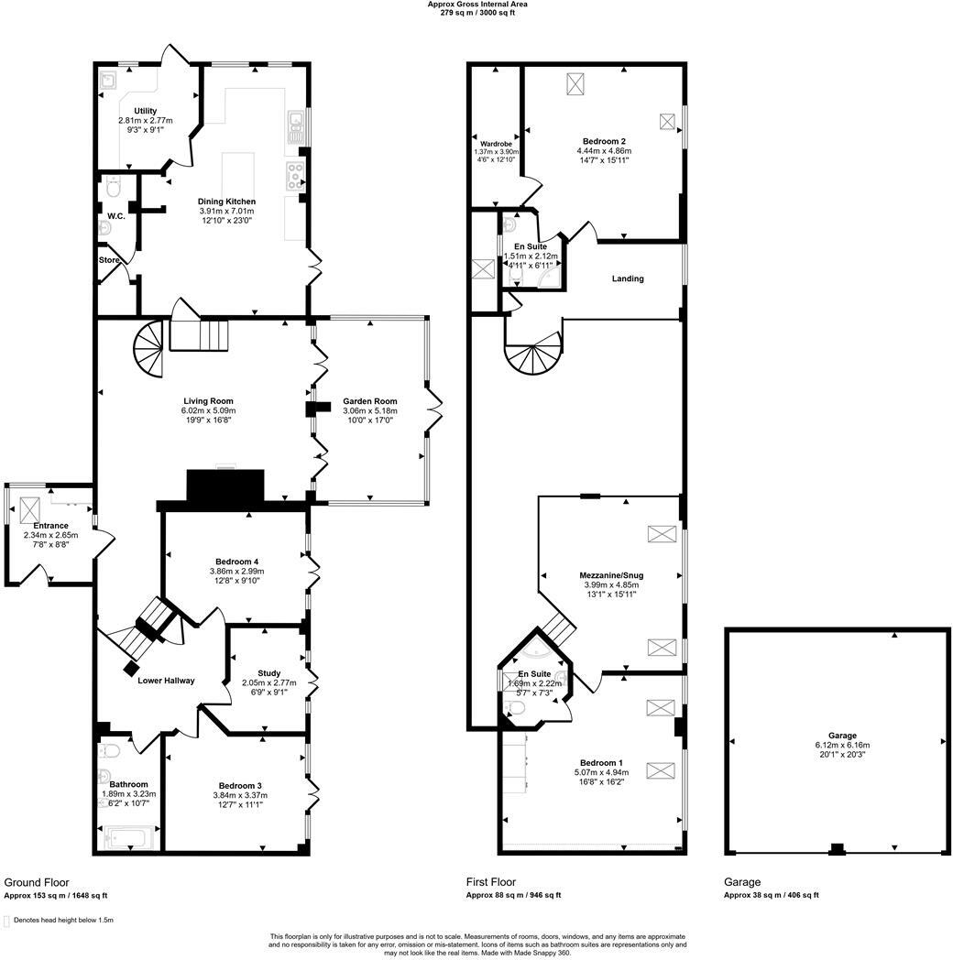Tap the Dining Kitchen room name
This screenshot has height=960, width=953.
226,202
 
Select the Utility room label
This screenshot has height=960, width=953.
145,111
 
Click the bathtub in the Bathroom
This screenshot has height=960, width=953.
127,835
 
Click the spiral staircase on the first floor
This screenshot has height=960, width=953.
532,352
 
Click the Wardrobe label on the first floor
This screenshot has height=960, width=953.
496,144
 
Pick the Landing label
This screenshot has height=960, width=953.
628,278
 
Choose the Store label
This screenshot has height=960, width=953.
109,259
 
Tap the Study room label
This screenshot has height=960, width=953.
268,674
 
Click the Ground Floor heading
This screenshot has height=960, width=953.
37,882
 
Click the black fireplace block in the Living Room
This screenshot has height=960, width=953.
225,485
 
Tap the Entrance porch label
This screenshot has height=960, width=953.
50,526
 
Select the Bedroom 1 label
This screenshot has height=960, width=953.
601,763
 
